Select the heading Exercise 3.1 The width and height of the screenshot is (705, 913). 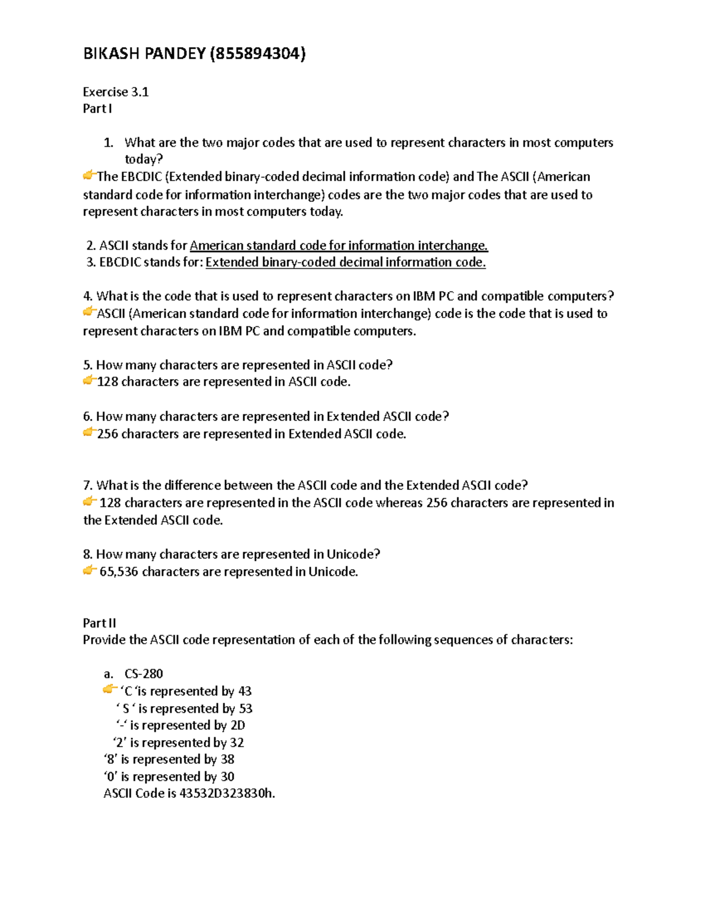[x=116, y=92]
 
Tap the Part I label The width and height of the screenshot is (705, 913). [x=97, y=109]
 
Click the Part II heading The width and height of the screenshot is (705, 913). [x=99, y=623]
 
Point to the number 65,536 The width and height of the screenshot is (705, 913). [x=119, y=572]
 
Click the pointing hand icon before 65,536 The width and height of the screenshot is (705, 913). [x=89, y=570]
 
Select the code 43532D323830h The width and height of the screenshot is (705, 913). [x=227, y=794]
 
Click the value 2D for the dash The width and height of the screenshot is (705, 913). [x=237, y=725]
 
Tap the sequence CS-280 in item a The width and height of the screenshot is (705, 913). [x=143, y=674]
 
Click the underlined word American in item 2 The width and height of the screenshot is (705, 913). [x=216, y=246]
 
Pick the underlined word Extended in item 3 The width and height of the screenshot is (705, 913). [x=232, y=263]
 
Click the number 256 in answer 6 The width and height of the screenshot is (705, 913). [x=108, y=434]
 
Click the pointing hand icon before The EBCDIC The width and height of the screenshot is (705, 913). [x=89, y=175]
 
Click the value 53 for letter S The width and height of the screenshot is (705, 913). [x=246, y=709]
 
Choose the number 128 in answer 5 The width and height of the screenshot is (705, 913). [x=108, y=382]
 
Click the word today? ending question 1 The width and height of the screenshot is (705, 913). [x=143, y=160]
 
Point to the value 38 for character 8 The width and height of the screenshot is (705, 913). [x=227, y=760]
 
